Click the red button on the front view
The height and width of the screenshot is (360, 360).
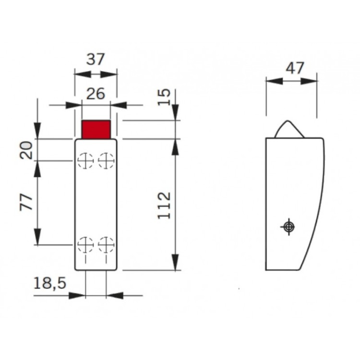[96, 130]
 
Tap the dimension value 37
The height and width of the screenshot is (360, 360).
[95, 60]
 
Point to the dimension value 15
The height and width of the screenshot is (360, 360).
[165, 97]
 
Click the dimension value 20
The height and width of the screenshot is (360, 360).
[27, 150]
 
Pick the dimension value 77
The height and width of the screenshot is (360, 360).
[27, 203]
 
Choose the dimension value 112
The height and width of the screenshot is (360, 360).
[165, 205]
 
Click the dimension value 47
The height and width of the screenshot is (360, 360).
[295, 68]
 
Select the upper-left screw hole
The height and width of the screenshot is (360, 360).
[86, 160]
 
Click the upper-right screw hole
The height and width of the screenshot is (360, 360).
[106, 160]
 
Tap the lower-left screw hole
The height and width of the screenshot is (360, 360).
[86, 245]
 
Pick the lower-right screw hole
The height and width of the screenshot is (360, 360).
[106, 245]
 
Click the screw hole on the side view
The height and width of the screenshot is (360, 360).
[288, 227]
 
